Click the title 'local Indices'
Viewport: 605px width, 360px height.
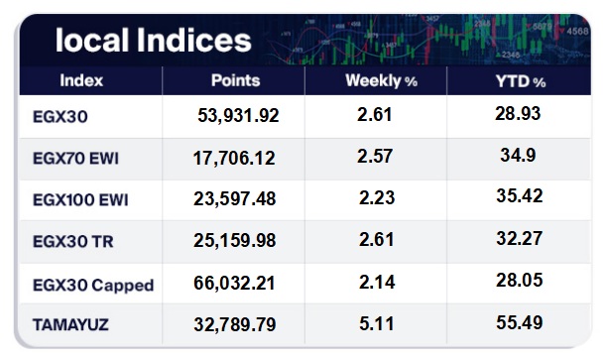click(153, 40)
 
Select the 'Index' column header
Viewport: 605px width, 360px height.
click(81, 80)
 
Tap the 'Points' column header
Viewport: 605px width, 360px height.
click(235, 80)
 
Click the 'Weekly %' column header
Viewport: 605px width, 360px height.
click(381, 81)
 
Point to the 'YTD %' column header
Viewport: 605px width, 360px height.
click(520, 81)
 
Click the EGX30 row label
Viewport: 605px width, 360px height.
click(60, 116)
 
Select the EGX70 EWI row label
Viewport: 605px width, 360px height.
click(75, 159)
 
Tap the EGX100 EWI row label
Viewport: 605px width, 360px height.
click(80, 200)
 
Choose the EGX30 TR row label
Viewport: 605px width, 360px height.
click(73, 242)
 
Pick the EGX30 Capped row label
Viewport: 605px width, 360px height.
click(93, 286)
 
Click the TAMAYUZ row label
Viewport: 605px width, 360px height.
click(70, 325)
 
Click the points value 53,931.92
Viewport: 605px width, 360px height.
click(238, 115)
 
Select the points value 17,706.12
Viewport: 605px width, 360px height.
click(234, 159)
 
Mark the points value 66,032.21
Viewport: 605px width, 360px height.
click(234, 283)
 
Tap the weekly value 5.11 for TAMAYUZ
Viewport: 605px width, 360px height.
click(377, 323)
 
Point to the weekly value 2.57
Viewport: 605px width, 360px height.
click(375, 156)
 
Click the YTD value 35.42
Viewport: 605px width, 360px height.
click(520, 195)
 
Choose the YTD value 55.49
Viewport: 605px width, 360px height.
click(520, 322)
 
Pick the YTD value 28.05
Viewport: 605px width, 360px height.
click(520, 280)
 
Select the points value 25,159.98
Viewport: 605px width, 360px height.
click(235, 240)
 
